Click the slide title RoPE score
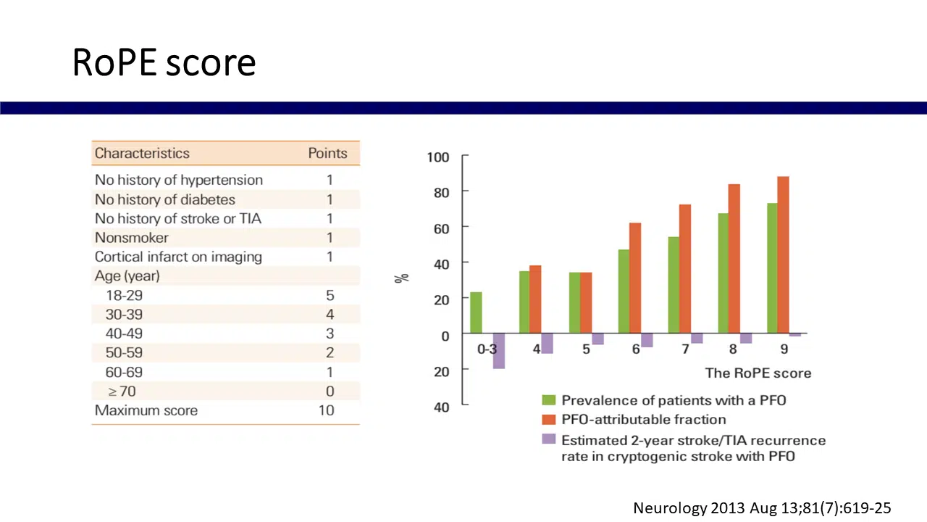(x=164, y=63)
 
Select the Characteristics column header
(x=142, y=153)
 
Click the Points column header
(x=327, y=153)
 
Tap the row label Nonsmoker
(x=132, y=237)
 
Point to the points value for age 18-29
(x=330, y=295)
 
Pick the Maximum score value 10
(x=326, y=410)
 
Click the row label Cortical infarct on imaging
(x=178, y=257)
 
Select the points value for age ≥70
(x=330, y=391)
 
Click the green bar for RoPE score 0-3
(x=476, y=312)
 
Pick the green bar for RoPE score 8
(x=723, y=273)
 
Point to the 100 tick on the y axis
(x=438, y=157)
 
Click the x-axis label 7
(x=685, y=349)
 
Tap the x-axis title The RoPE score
(x=758, y=373)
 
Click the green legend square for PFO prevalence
(x=549, y=400)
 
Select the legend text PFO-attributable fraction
(x=643, y=419)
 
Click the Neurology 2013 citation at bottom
(x=762, y=508)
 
